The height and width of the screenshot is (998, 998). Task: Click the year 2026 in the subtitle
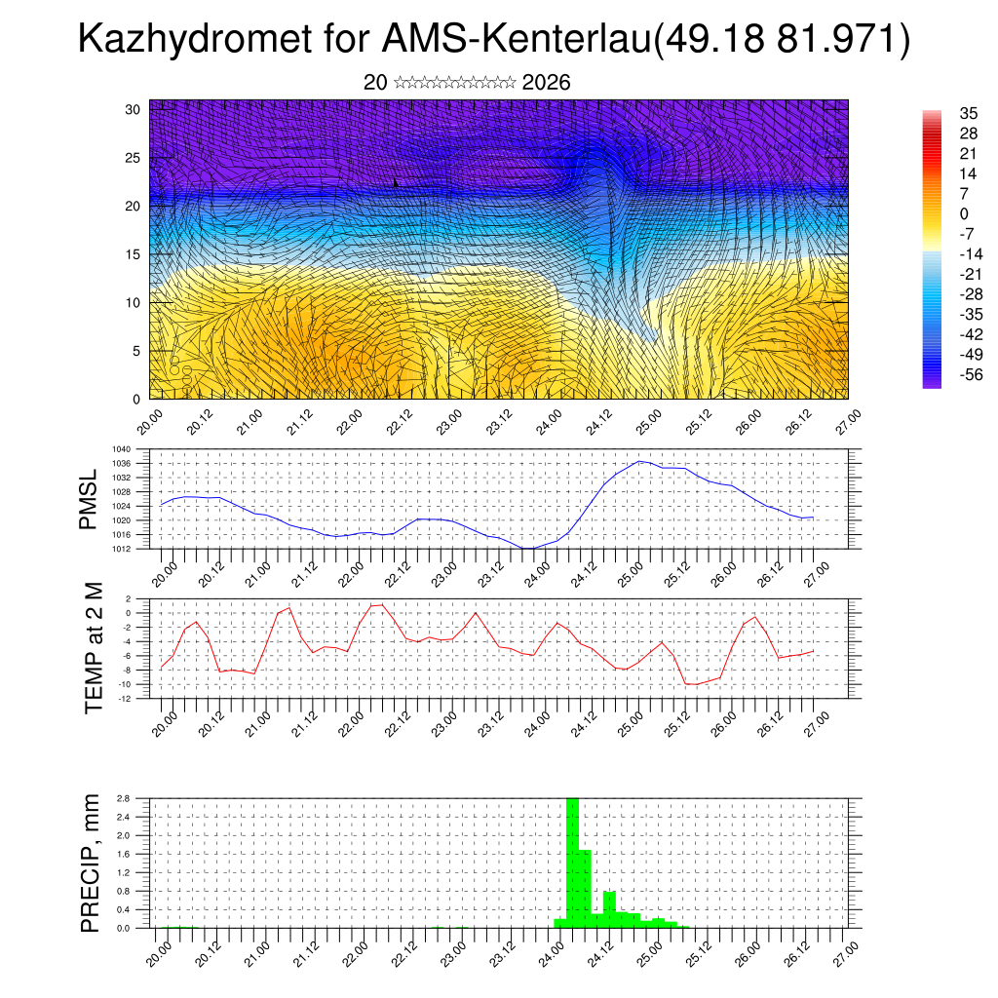click(546, 83)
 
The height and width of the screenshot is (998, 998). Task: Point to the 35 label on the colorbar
click(968, 113)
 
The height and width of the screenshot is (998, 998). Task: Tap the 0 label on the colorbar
click(963, 213)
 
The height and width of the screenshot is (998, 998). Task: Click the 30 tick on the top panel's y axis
click(134, 109)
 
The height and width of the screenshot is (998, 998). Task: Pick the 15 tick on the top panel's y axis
click(134, 254)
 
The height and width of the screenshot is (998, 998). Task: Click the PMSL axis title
click(90, 500)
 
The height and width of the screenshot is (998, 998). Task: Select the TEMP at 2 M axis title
click(94, 648)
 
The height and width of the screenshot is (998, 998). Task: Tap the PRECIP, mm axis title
click(91, 863)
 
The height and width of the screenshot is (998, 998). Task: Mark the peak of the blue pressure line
click(639, 461)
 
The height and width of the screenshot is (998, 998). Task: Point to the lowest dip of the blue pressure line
click(527, 548)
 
